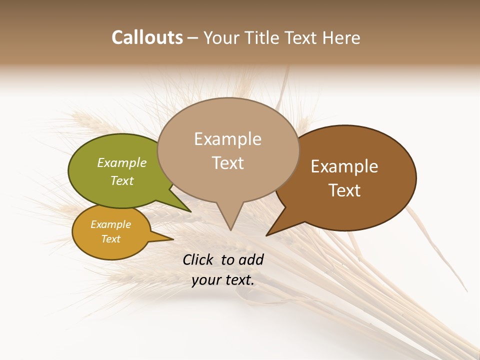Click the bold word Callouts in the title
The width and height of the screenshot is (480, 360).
pyautogui.click(x=147, y=37)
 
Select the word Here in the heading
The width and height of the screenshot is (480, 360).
pyautogui.click(x=341, y=37)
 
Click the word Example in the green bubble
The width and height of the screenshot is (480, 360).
pyautogui.click(x=121, y=162)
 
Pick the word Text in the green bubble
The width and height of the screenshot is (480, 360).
pyautogui.click(x=121, y=180)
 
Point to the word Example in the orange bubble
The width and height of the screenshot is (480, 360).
pyautogui.click(x=110, y=224)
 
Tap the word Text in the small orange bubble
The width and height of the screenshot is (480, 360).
pyautogui.click(x=110, y=239)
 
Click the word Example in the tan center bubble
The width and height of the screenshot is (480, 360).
pyautogui.click(x=227, y=139)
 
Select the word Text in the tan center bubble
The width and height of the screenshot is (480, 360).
pyautogui.click(x=227, y=162)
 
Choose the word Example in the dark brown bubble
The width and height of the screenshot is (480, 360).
pyautogui.click(x=344, y=166)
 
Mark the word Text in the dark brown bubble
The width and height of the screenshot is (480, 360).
pyautogui.click(x=344, y=190)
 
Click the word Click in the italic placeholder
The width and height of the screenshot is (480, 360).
pyautogui.click(x=199, y=259)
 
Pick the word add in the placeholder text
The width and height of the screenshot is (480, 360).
pyautogui.click(x=251, y=259)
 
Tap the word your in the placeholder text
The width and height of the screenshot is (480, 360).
pyautogui.click(x=205, y=280)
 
